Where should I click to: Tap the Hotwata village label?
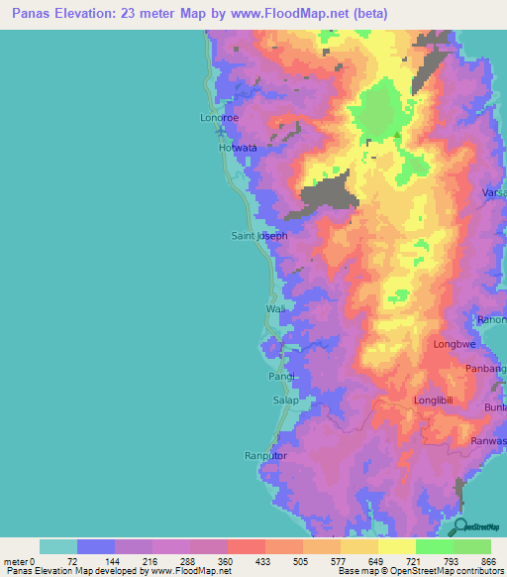(238, 148)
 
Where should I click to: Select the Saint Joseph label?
(259, 236)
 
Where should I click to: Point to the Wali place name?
(275, 309)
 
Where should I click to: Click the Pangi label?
(282, 378)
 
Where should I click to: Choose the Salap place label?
(285, 401)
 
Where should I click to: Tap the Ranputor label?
(265, 455)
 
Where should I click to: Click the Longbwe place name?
(456, 345)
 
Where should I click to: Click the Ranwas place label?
(490, 441)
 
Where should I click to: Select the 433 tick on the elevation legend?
(264, 562)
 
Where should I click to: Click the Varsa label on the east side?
(493, 190)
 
